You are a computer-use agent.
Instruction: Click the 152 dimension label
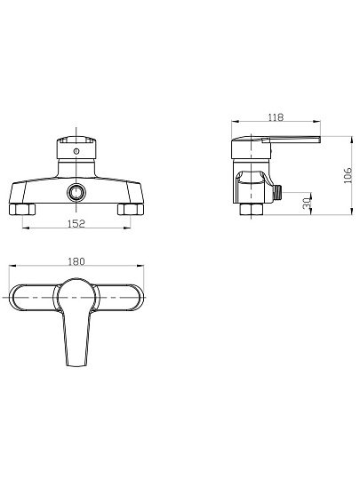pyautogui.click(x=76, y=224)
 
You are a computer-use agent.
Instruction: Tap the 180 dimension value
pyautogui.click(x=76, y=261)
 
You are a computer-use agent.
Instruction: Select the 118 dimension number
pyautogui.click(x=276, y=117)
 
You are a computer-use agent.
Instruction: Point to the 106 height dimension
pyautogui.click(x=348, y=175)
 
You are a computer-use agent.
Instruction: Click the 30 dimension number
pyautogui.click(x=307, y=204)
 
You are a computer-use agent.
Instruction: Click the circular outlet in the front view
pyautogui.click(x=76, y=193)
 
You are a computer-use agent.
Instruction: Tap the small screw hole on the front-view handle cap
pyautogui.click(x=76, y=151)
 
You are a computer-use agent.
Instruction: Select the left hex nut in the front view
pyautogui.click(x=22, y=210)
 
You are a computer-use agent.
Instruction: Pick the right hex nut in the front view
pyautogui.click(x=131, y=210)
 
